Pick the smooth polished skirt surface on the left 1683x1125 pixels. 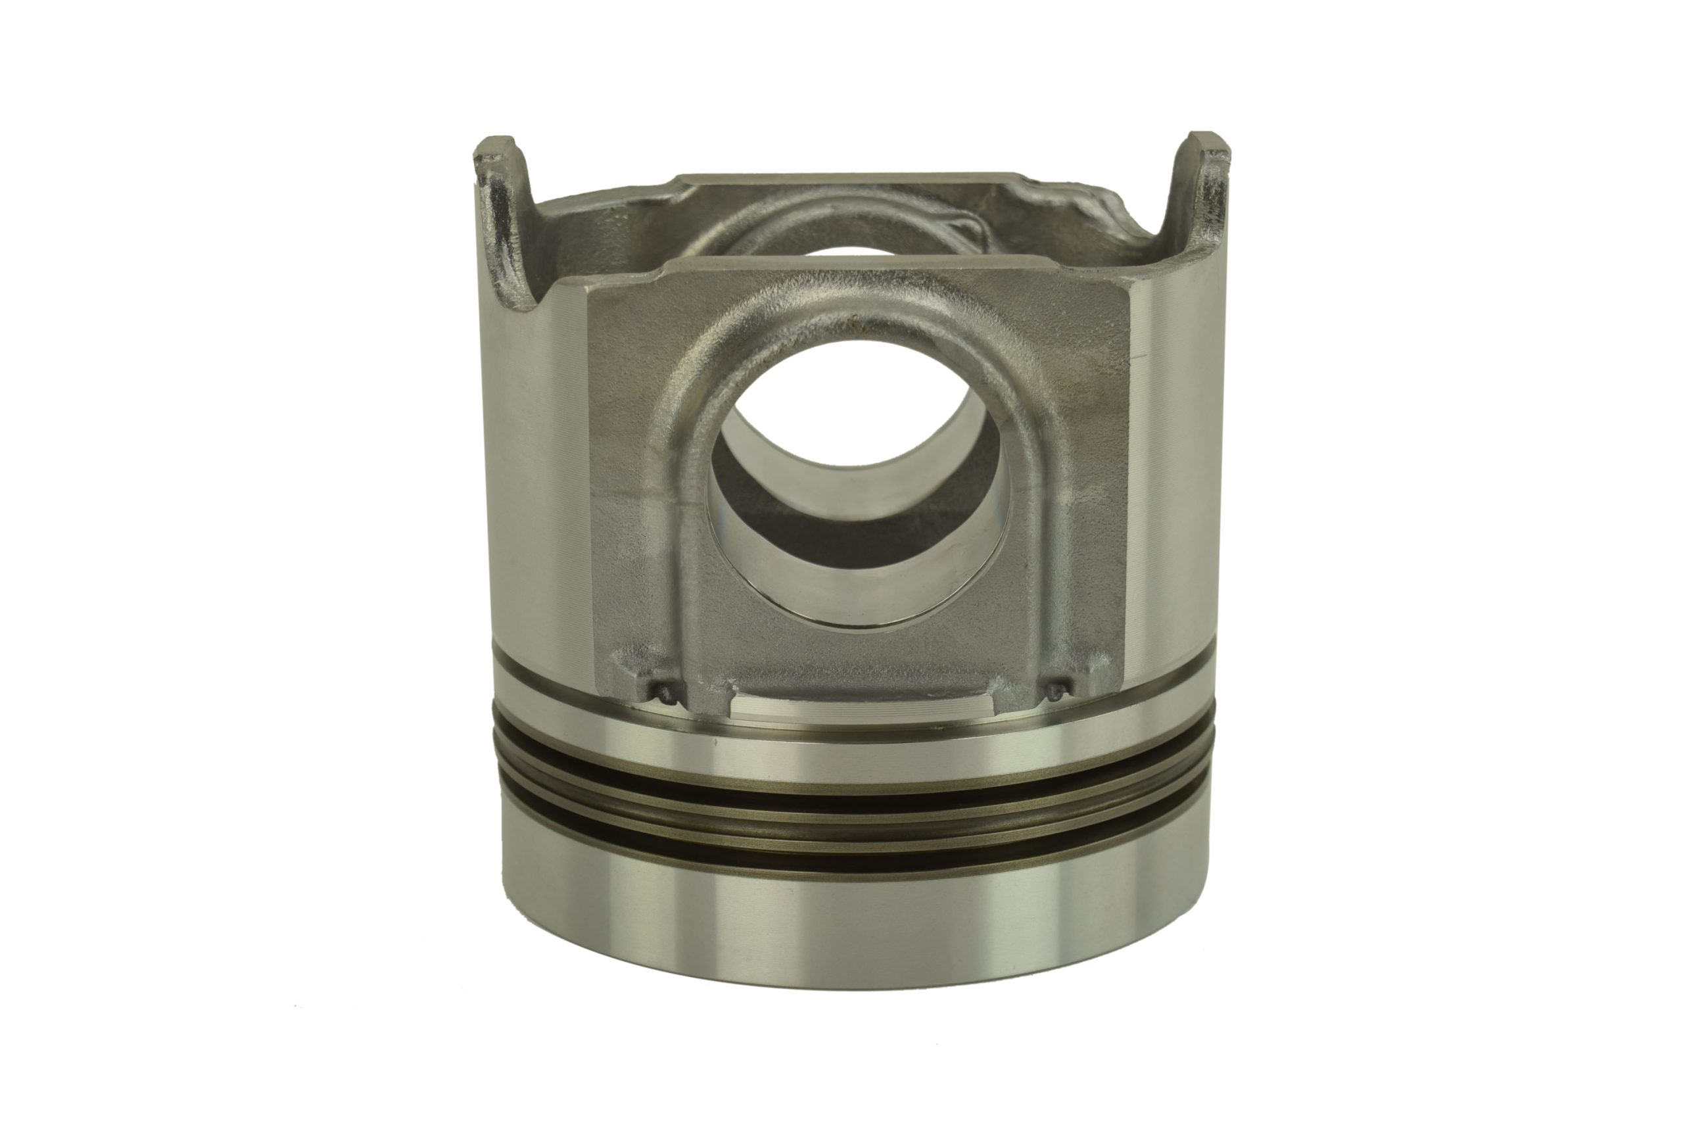coord(531,466)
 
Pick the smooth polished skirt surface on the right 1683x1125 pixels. coord(1177,466)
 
